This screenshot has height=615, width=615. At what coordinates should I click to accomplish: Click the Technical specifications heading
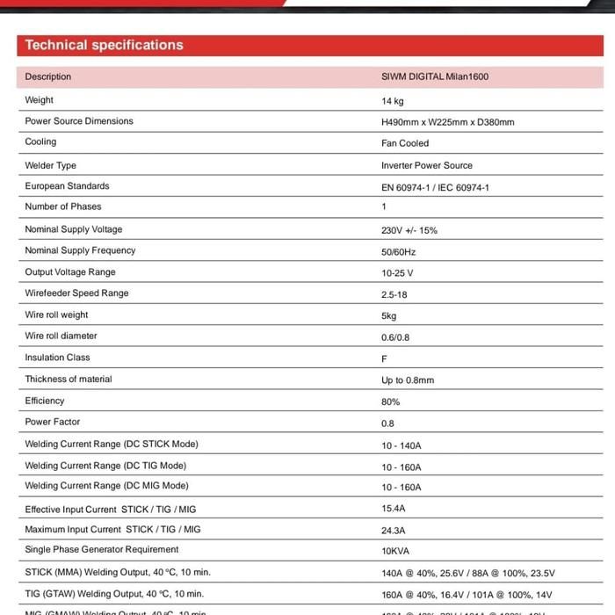click(104, 45)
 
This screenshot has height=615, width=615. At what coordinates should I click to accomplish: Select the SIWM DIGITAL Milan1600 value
click(434, 76)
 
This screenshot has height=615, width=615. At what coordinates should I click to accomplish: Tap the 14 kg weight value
click(392, 101)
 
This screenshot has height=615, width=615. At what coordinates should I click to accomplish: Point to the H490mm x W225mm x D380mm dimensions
click(447, 122)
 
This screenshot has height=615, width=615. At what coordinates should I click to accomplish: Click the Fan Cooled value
click(405, 143)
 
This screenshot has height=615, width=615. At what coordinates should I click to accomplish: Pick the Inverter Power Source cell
click(426, 165)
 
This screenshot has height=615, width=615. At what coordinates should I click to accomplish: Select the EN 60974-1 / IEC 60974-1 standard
click(435, 187)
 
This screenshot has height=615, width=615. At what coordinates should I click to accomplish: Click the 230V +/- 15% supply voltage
click(409, 230)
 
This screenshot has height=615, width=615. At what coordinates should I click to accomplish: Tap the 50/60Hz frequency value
click(398, 252)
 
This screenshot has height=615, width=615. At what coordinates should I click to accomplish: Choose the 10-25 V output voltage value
click(396, 273)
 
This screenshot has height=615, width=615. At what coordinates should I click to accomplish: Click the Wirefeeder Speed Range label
click(76, 293)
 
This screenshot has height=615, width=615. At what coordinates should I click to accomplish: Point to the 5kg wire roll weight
click(388, 315)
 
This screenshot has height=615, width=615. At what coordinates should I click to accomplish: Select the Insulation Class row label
click(57, 358)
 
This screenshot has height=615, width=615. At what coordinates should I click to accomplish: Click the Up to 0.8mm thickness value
click(407, 380)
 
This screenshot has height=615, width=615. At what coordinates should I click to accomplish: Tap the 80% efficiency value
click(390, 402)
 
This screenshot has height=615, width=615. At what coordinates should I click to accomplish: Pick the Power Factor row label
click(53, 422)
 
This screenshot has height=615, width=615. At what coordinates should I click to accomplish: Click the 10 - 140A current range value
click(401, 445)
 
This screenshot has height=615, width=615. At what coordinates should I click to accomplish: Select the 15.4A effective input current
click(393, 508)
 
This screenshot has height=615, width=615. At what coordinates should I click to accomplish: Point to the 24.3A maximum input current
click(393, 531)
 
